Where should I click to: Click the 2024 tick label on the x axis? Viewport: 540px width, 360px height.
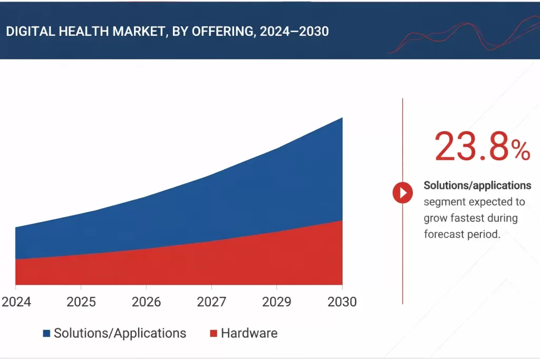point(16,302)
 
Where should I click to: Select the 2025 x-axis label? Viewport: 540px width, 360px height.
point(81,302)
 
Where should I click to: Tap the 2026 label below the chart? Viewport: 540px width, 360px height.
point(146,302)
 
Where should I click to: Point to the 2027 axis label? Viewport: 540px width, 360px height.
point(211,302)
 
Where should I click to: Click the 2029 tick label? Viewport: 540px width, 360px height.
point(276,302)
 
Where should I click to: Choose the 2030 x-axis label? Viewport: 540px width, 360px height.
point(341,302)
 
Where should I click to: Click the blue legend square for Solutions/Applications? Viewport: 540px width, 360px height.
point(46,333)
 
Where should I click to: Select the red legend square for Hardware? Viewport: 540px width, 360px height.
point(214,333)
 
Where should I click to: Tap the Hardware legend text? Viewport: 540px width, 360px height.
point(249,333)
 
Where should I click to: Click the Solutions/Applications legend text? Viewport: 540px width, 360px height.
point(120,333)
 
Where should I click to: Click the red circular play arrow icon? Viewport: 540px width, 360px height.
point(403,193)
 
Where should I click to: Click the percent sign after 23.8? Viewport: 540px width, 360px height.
point(520,152)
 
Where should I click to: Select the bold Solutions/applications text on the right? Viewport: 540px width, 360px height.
point(477,186)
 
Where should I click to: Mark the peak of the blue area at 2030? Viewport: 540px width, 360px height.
point(342,118)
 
